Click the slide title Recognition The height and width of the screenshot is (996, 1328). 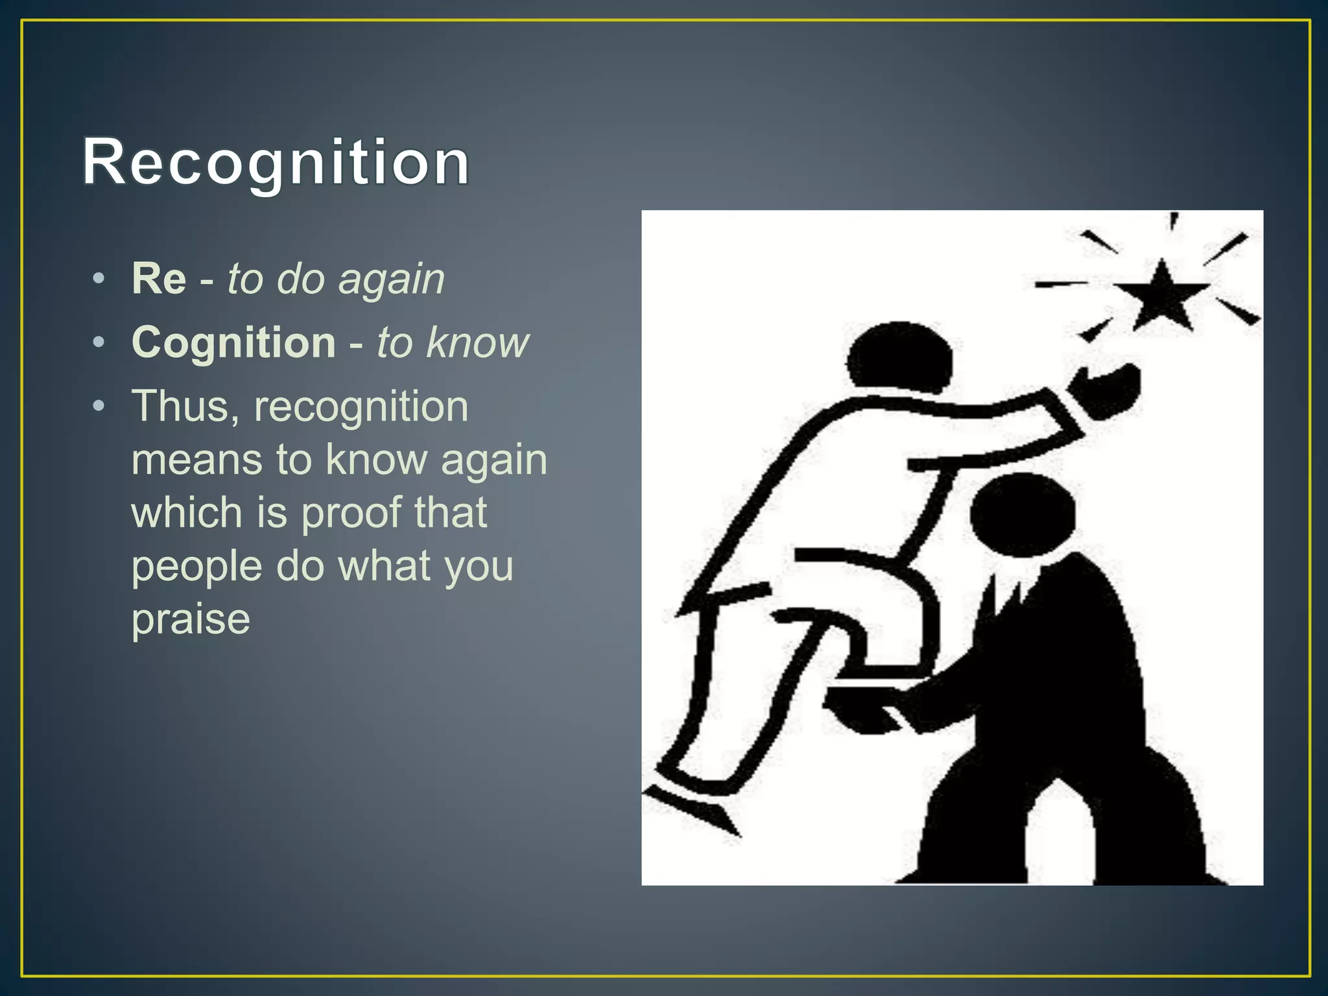pos(276,162)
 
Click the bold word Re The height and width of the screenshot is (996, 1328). pos(159,279)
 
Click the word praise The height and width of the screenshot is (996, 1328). pos(191,619)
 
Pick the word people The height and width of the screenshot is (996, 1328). pos(197,566)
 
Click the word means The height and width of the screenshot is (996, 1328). pos(197,460)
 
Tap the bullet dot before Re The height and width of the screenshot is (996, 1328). pos(99,279)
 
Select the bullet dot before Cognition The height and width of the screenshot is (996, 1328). pos(99,342)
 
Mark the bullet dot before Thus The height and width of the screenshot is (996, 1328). pos(99,407)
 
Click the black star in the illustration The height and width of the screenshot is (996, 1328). pos(1162,295)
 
